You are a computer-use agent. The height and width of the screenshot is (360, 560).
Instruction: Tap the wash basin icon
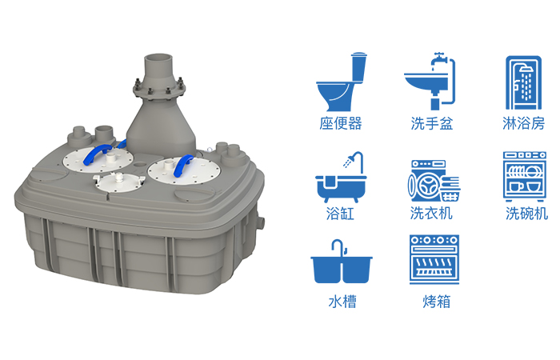click(430, 82)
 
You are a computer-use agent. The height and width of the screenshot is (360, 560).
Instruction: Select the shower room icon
click(523, 82)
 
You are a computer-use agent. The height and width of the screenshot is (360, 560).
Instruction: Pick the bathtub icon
click(341, 178)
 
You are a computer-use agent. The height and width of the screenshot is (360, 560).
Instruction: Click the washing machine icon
click(434, 181)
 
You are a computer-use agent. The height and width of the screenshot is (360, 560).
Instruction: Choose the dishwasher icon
click(525, 177)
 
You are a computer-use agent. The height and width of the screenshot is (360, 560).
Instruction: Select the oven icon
click(434, 260)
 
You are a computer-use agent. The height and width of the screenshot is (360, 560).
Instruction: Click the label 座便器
click(341, 123)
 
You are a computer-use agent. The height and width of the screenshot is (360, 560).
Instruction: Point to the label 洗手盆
click(432, 123)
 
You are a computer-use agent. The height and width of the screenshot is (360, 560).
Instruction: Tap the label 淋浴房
click(523, 123)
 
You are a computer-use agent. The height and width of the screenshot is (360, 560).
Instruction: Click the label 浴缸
click(340, 214)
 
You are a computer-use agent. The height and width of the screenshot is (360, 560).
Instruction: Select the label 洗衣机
click(431, 214)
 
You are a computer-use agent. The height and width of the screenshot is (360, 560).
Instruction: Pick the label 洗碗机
click(526, 214)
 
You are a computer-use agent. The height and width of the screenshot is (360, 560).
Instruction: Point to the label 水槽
click(342, 302)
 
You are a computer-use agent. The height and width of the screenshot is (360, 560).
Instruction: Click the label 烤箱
click(437, 302)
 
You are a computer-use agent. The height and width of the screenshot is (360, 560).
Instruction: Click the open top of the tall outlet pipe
click(158, 58)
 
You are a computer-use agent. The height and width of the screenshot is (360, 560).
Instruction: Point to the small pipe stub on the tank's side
click(262, 223)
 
